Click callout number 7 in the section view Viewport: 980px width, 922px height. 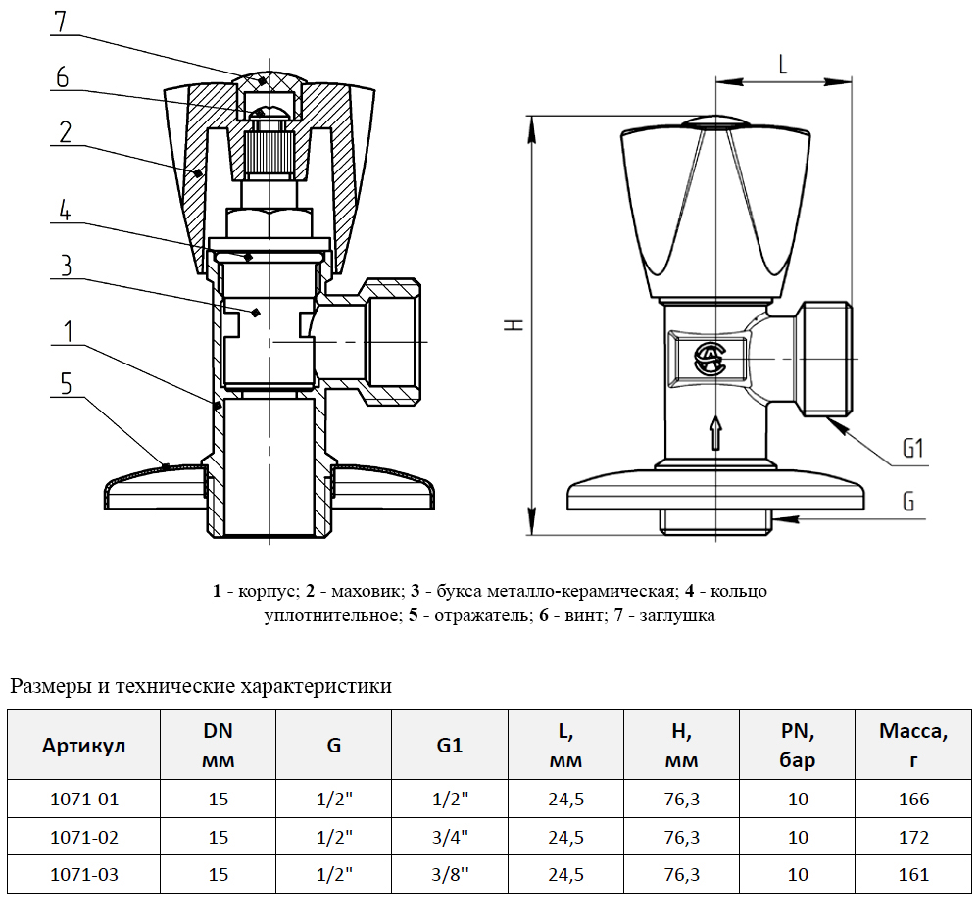click(62, 23)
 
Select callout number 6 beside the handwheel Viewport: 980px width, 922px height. click(62, 77)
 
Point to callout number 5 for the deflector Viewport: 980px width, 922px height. click(66, 383)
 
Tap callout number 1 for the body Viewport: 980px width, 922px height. click(66, 331)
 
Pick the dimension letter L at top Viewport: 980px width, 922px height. click(782, 66)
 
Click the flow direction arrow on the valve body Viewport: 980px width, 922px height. click(715, 431)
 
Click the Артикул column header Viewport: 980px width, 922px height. click(83, 746)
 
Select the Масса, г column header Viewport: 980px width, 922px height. click(913, 746)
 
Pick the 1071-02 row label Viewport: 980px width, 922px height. click(83, 838)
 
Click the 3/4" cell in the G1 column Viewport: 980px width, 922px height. click(450, 838)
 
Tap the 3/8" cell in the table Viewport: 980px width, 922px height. click(450, 874)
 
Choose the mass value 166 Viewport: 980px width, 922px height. click(913, 800)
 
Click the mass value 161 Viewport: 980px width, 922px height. click(913, 874)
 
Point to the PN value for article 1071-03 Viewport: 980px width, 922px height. click(798, 874)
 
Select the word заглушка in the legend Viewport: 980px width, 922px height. click(678, 616)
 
